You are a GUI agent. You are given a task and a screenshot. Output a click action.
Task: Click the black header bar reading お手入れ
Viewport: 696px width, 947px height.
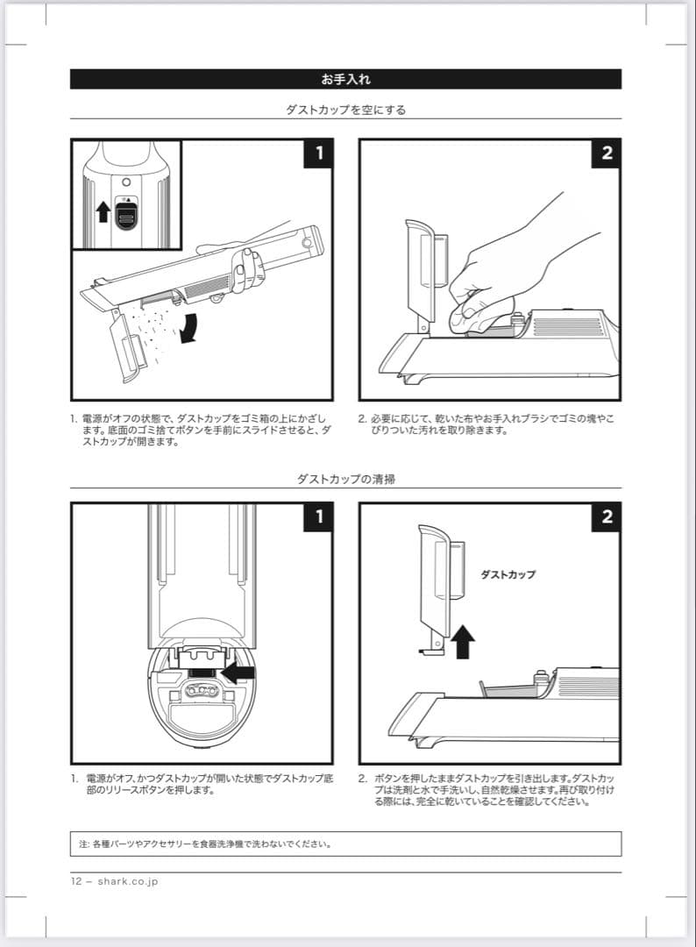click(x=345, y=79)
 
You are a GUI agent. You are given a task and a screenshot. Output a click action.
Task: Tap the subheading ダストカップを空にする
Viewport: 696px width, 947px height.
click(x=345, y=110)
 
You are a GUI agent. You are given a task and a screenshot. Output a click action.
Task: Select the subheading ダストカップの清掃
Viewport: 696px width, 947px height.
click(x=345, y=480)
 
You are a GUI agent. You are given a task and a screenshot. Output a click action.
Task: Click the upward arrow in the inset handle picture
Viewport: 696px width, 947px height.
click(x=103, y=212)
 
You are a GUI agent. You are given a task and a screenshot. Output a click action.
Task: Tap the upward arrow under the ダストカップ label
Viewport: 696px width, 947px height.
click(x=464, y=642)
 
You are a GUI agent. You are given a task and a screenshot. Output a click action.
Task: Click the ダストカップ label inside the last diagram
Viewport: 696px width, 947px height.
click(x=508, y=575)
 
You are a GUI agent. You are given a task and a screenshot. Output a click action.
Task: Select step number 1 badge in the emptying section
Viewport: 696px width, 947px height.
click(x=318, y=153)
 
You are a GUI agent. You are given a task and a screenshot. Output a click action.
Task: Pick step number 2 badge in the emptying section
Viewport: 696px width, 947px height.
click(x=607, y=153)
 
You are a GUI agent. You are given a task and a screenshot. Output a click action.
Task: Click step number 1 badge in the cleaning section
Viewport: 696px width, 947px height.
click(x=318, y=517)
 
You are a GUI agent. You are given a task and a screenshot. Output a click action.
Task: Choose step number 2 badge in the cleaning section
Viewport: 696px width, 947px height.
click(x=607, y=517)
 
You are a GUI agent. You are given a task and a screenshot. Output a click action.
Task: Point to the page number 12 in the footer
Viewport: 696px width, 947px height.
click(x=77, y=881)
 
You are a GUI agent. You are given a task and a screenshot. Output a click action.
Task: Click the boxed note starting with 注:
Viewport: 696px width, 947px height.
click(x=345, y=844)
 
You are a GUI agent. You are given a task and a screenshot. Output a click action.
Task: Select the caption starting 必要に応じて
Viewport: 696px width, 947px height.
click(x=486, y=424)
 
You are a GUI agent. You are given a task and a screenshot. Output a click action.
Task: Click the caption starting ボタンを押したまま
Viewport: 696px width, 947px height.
click(x=486, y=790)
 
